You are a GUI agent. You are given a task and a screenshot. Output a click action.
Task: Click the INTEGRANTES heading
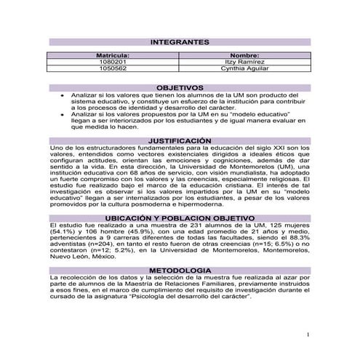click(x=179, y=42)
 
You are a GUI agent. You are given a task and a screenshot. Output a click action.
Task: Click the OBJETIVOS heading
click(x=179, y=87)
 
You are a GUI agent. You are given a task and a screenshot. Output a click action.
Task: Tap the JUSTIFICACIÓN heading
click(x=179, y=140)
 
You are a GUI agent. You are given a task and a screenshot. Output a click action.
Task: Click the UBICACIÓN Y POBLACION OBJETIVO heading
click(x=179, y=218)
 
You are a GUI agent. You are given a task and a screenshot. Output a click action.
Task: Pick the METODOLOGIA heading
click(x=179, y=271)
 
